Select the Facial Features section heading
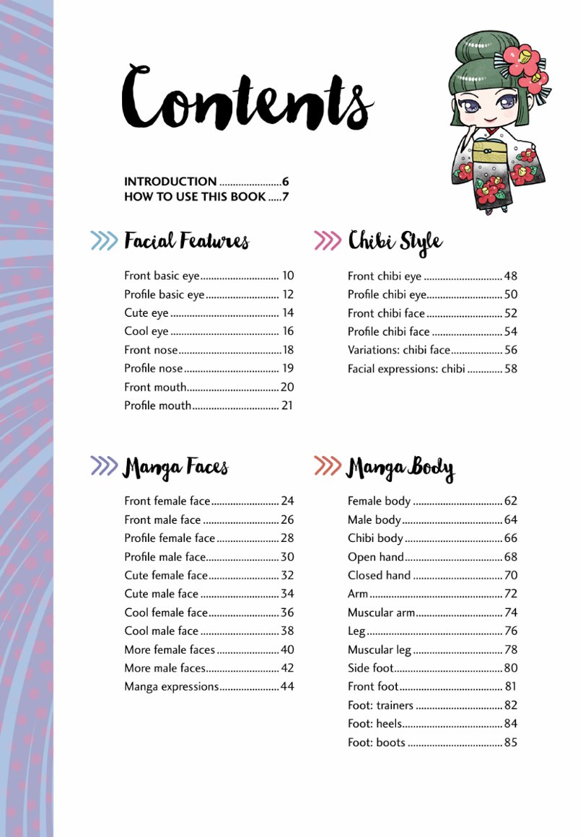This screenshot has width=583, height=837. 186,241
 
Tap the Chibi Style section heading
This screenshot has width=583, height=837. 395,241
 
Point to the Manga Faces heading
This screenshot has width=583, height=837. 175,467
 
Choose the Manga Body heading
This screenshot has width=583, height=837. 400,468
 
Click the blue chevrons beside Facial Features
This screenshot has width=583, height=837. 104,241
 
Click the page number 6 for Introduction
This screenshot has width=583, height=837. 286,182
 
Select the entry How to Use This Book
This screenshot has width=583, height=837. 195,196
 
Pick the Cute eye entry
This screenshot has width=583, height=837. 146,313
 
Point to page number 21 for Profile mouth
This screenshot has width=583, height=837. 287,406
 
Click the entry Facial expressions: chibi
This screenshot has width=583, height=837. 406,369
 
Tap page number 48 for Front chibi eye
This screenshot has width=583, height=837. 511,276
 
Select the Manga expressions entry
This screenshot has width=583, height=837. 171,686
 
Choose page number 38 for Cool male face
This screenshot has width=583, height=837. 287,631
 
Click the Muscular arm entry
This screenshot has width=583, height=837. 381,613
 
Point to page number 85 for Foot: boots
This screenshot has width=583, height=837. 511,742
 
